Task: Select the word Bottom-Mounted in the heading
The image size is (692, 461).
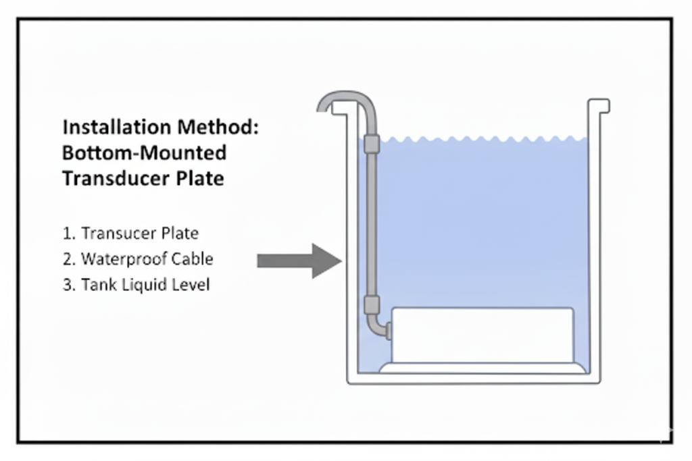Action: tap(144, 153)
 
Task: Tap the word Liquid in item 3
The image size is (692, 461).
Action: tap(141, 285)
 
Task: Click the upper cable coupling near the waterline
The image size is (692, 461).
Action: tap(372, 144)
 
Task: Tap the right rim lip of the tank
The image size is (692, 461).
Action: tap(600, 106)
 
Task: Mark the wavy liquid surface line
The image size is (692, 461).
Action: tap(483, 139)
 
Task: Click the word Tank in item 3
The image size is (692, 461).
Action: tap(96, 285)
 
